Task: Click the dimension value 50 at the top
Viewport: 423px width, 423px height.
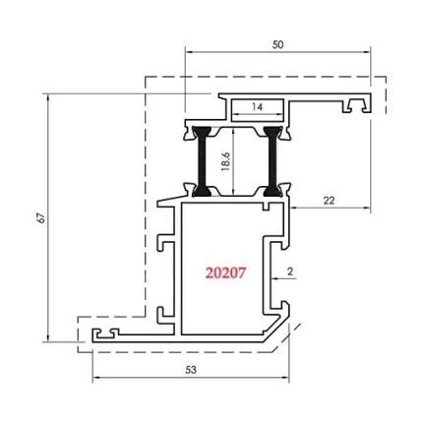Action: pyautogui.click(x=278, y=44)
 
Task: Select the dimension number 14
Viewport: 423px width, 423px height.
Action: pyautogui.click(x=257, y=106)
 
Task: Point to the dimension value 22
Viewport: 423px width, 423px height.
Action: pyautogui.click(x=329, y=200)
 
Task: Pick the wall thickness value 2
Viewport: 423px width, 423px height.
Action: pyautogui.click(x=292, y=270)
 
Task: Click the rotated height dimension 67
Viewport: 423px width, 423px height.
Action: pyautogui.click(x=40, y=218)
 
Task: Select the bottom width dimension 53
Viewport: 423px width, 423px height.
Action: pyautogui.click(x=190, y=370)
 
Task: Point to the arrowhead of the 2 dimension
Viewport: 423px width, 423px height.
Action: pyautogui.click(x=273, y=279)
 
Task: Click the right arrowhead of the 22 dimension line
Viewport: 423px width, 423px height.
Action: pyautogui.click(x=368, y=209)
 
